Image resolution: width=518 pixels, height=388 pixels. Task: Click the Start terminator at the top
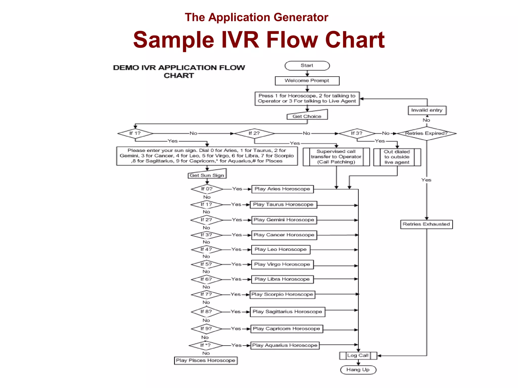click(307, 66)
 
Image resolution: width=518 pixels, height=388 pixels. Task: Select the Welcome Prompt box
click(307, 81)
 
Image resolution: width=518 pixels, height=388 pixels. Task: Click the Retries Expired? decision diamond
click(426, 133)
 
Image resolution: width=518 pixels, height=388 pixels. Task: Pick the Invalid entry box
click(427, 110)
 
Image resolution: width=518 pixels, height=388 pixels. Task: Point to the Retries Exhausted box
click(426, 224)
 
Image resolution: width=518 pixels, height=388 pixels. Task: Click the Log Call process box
click(358, 355)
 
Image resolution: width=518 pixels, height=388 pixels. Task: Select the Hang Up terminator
click(358, 370)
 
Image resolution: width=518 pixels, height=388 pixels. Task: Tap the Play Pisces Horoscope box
click(205, 360)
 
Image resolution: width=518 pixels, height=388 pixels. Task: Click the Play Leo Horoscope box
click(280, 250)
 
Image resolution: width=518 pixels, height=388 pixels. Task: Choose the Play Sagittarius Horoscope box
click(287, 312)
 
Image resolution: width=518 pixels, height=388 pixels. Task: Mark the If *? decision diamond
click(205, 345)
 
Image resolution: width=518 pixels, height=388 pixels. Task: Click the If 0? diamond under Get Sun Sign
click(207, 189)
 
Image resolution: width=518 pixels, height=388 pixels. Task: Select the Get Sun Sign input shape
click(207, 175)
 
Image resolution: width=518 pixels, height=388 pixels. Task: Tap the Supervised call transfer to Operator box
click(336, 157)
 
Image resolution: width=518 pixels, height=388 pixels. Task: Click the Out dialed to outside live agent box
click(397, 157)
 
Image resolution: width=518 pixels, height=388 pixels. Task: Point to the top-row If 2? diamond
click(254, 133)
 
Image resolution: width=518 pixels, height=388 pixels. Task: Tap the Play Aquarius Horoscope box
click(285, 345)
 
